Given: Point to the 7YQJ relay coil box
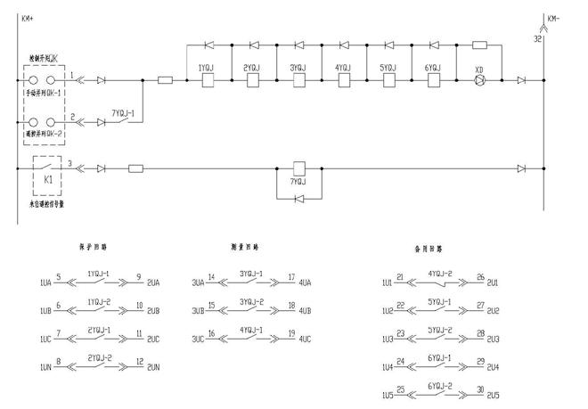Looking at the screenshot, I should (299, 167).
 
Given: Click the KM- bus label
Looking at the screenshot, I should (553, 17).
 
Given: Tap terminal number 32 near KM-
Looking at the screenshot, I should (536, 39).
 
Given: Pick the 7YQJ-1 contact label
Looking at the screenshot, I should (123, 114).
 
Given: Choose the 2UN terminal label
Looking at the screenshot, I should (153, 367).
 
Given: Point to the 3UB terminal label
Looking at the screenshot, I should (198, 311).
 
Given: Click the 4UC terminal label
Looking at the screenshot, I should (305, 339).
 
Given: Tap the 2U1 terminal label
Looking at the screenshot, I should (494, 282).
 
